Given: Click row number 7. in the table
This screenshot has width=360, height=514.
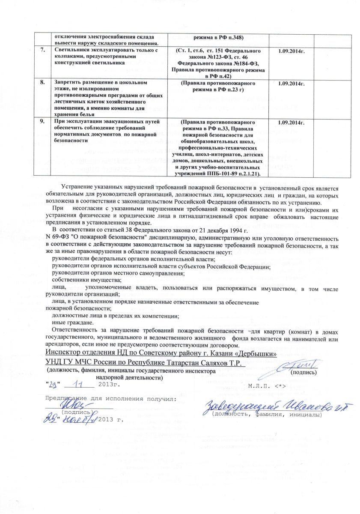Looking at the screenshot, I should [43, 51].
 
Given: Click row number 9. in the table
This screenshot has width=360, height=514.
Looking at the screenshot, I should [43, 122].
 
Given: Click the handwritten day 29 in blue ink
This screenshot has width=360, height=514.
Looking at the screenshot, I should [55, 384].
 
